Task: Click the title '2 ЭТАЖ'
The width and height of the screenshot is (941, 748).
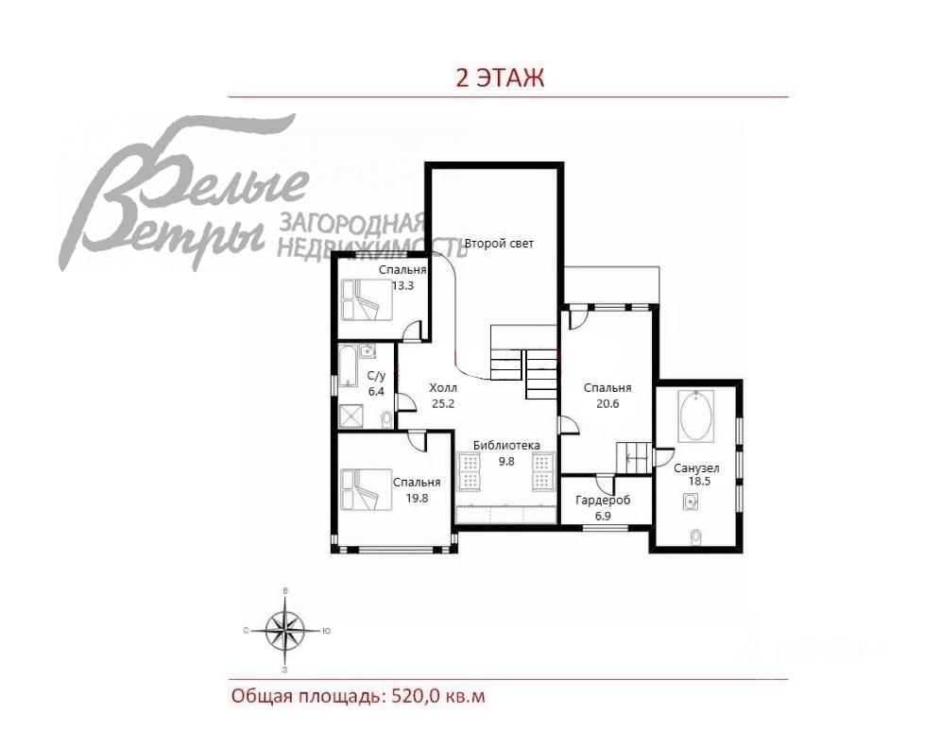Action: (500, 77)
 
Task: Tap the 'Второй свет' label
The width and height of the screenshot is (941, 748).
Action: (499, 244)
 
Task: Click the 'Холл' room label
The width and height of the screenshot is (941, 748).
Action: (442, 388)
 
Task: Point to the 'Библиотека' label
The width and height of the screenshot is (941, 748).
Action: (506, 446)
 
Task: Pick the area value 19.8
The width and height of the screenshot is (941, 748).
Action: (417, 498)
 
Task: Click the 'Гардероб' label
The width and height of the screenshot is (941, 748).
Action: (603, 501)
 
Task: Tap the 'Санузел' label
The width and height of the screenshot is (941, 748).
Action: (696, 467)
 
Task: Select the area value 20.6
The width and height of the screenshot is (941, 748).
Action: (607, 403)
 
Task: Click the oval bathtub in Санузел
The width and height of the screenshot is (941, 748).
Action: (698, 417)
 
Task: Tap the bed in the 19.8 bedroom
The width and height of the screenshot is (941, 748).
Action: (367, 490)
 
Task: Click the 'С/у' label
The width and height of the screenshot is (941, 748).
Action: (375, 376)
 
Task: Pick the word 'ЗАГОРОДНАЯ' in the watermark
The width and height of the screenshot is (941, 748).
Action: (350, 224)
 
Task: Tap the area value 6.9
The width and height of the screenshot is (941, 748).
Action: (603, 516)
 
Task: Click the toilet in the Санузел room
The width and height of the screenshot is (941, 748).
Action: (696, 537)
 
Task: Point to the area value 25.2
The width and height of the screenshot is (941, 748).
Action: (442, 403)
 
